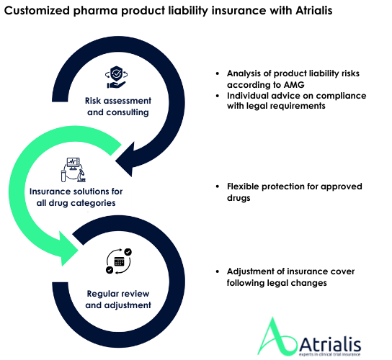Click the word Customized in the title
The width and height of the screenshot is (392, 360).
pos(37,11)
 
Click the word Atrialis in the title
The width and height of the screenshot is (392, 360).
pos(314,11)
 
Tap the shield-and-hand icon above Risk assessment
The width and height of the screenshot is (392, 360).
pos(116,77)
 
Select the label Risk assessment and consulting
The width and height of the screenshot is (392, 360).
pos(118,107)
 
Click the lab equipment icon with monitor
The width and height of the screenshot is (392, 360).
pos(73,170)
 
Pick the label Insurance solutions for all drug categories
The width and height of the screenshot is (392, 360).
pos(76,197)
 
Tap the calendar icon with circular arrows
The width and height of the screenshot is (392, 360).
pos(119,261)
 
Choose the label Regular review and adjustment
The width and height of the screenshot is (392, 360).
pos(118,300)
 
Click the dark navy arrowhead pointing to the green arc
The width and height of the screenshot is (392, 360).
pos(127,160)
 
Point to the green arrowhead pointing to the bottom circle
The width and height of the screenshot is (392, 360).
pos(67,249)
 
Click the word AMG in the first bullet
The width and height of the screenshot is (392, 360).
pos(294,85)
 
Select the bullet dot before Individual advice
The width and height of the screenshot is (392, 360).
pos(218,96)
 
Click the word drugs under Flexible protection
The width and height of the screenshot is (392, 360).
pos(239,198)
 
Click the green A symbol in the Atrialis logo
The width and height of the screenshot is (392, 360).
pos(277,337)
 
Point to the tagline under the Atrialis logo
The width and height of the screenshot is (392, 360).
pos(330,354)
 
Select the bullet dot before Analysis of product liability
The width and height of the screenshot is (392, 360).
pos(218,73)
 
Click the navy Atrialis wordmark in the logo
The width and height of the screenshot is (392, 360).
pos(330,343)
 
